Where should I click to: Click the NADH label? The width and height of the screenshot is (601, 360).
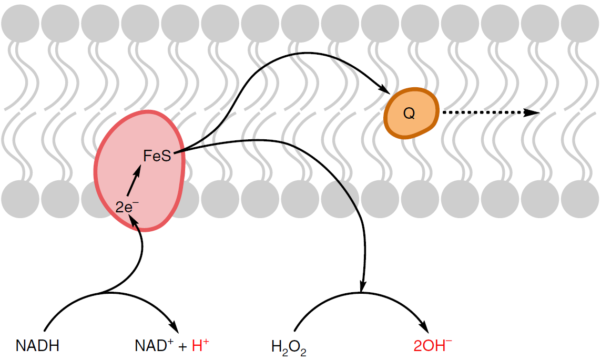click(37, 346)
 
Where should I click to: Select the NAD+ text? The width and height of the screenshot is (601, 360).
click(153, 346)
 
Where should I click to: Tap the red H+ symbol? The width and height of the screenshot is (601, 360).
click(200, 345)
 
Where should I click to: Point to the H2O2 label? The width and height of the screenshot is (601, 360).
click(289, 347)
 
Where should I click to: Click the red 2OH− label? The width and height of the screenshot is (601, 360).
click(433, 345)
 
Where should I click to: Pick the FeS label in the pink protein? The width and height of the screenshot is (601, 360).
click(157, 156)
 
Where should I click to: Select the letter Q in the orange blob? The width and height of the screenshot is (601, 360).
click(409, 113)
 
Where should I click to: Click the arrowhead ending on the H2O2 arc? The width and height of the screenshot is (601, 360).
click(362, 286)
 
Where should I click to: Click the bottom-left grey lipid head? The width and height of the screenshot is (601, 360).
click(20, 198)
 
